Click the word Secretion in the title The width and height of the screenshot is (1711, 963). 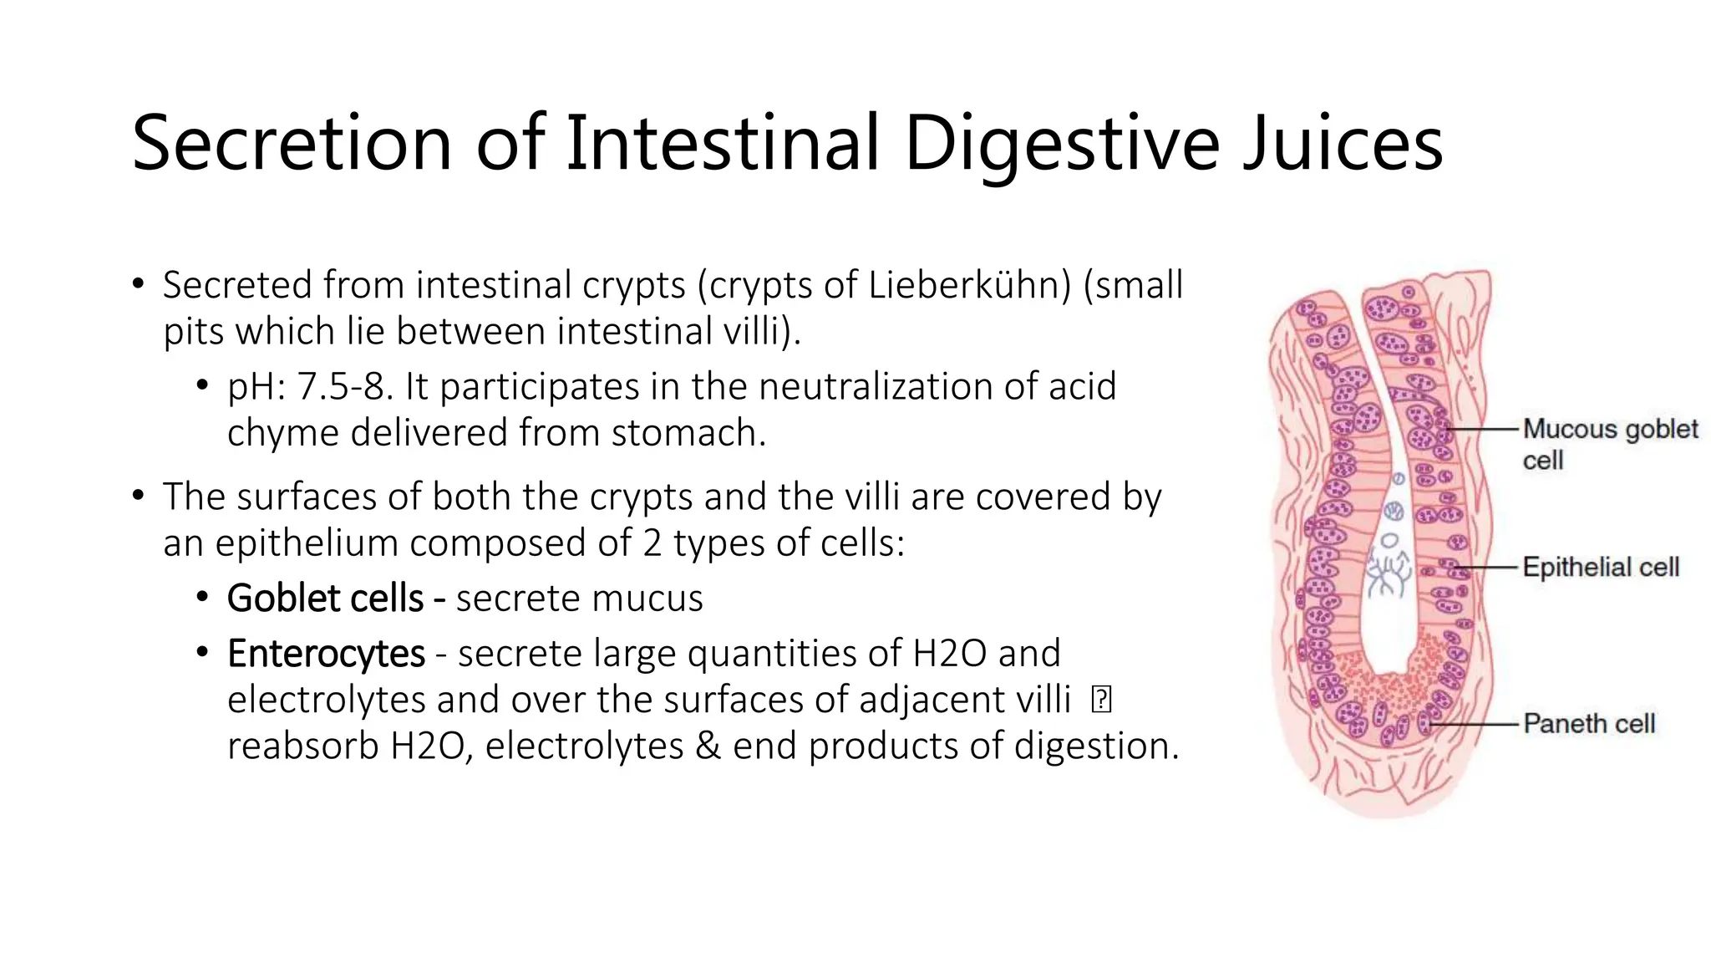(291, 143)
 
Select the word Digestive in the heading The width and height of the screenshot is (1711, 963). (1061, 143)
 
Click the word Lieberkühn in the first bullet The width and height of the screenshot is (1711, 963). (969, 285)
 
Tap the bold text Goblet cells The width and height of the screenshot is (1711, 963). (325, 599)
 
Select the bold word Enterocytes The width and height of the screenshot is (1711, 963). (326, 654)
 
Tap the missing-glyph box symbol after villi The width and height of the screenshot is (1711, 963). (1101, 700)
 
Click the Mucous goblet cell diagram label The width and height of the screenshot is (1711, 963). (1609, 443)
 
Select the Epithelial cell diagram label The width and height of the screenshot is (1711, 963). (1600, 568)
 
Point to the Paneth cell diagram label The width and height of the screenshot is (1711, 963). (1588, 724)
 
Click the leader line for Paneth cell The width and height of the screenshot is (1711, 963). (1475, 724)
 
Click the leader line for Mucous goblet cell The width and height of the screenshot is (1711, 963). (1483, 429)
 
